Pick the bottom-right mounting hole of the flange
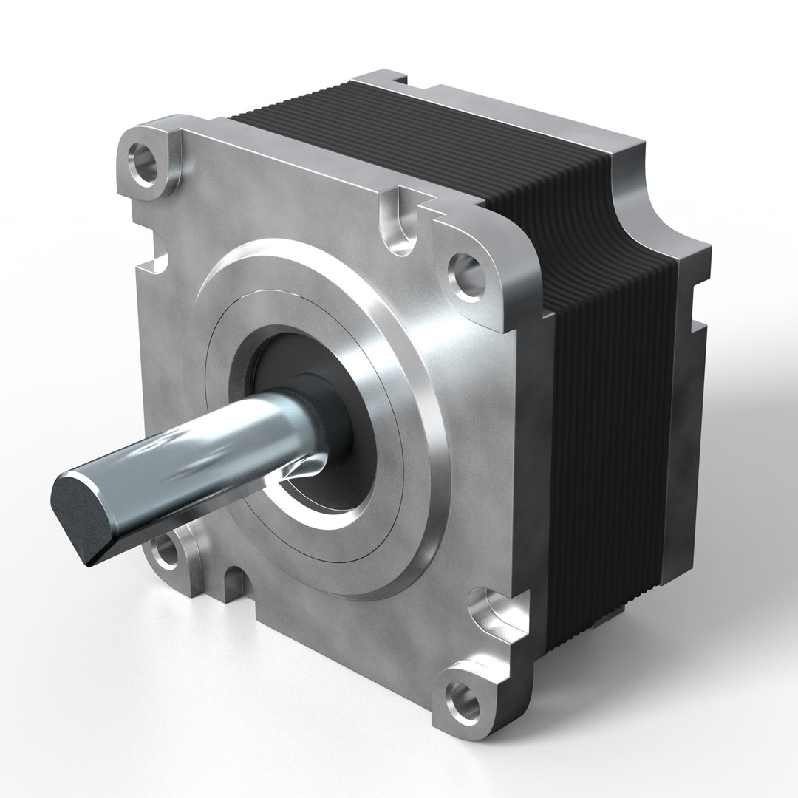(463, 695)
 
